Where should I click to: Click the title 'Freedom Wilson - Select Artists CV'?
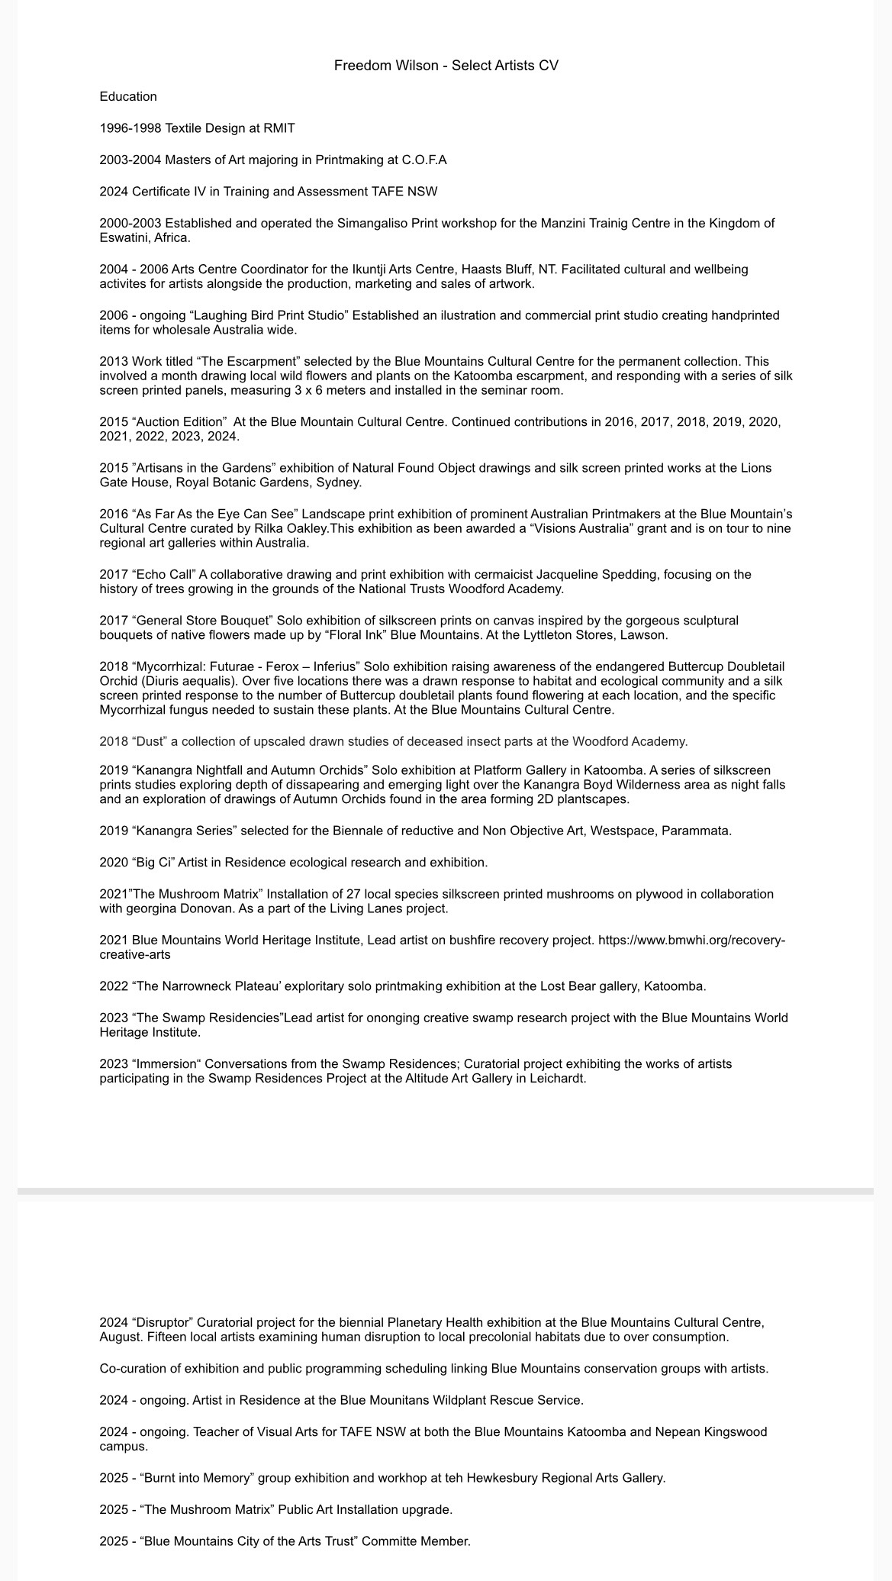[446, 66]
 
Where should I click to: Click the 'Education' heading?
[128, 97]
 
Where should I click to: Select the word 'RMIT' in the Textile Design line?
[279, 128]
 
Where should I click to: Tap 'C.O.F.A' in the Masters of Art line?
[424, 160]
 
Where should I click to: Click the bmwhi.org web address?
[691, 941]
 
